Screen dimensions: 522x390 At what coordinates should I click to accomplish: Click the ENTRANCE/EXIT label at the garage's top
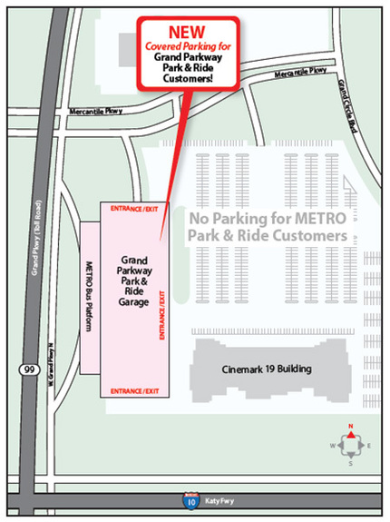click(133, 209)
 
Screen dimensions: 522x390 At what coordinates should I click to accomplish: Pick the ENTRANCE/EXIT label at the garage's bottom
click(133, 390)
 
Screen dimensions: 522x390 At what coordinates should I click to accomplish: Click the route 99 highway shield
click(28, 369)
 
